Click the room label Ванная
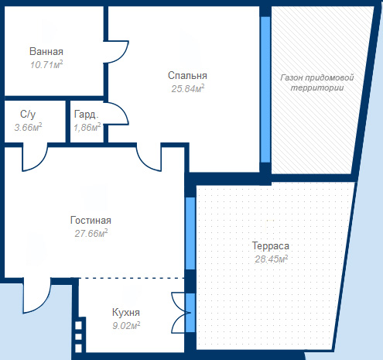pos(46,51)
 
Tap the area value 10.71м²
pos(46,64)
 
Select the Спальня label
pos(187,76)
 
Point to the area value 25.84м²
pos(188,88)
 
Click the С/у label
pos(28,114)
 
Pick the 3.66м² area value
pos(28,127)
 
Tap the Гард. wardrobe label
pos(86,114)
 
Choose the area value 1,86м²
pos(87,127)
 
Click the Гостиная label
pos(91,221)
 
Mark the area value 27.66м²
pos(91,233)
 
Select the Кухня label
pos(126,313)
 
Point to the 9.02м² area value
pos(126,326)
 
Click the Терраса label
pos(271,246)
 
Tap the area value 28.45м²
pos(272,259)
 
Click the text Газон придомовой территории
pos(317,83)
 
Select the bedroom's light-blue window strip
pos(265,90)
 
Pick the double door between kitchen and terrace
pos(181,313)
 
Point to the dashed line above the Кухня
pos(128,278)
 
